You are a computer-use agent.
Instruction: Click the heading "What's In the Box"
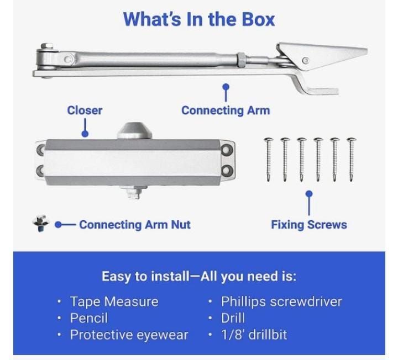(x=198, y=19)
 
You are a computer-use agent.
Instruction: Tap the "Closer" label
(x=85, y=110)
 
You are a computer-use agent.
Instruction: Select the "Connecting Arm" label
(x=226, y=110)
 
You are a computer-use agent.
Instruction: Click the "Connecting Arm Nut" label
(x=135, y=225)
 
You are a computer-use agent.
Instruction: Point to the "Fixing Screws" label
(x=308, y=225)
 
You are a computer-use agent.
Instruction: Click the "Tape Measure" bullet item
(x=114, y=301)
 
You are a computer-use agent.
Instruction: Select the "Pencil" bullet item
(x=89, y=318)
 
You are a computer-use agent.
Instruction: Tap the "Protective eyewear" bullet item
(x=129, y=335)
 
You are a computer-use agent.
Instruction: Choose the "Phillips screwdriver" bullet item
(x=281, y=301)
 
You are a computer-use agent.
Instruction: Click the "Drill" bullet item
(x=233, y=318)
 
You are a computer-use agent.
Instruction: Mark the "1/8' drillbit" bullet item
(x=254, y=335)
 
